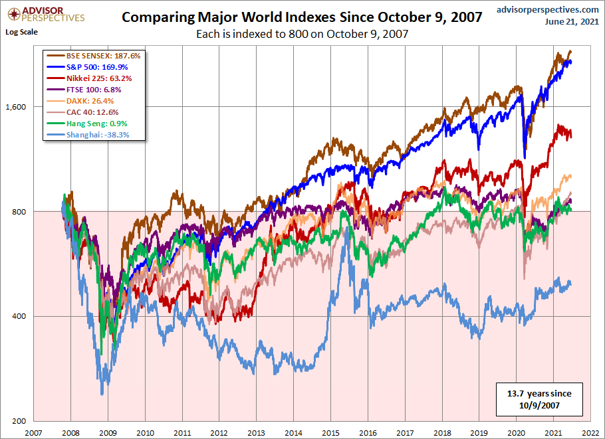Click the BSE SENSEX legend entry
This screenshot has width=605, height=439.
[x=94, y=56]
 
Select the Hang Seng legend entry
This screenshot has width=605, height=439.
[x=94, y=124]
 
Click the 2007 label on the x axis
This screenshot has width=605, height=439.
[x=34, y=432]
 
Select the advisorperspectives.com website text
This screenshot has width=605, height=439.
[x=539, y=9]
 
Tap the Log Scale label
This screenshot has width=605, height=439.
[x=21, y=32]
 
